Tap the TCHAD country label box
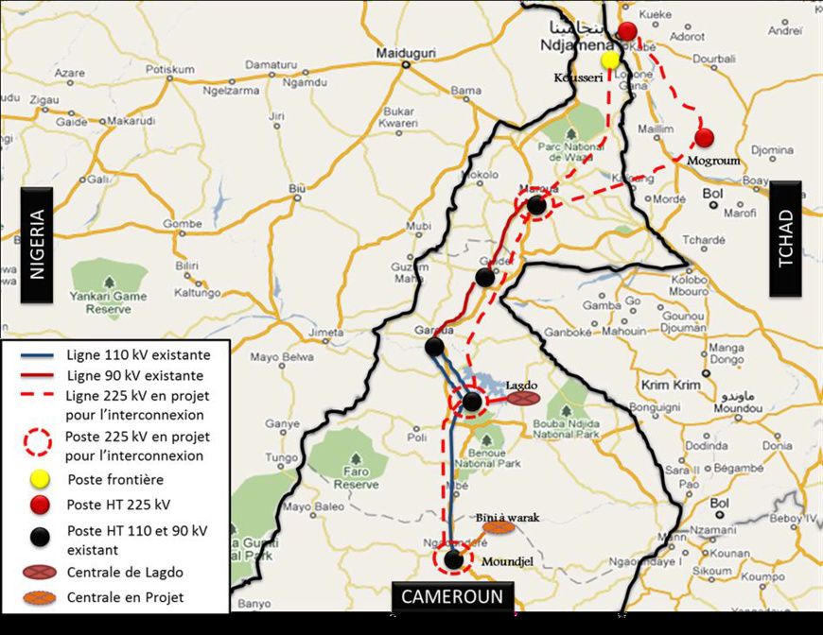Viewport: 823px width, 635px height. pos(785,239)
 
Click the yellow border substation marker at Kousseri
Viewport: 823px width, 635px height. pos(610,60)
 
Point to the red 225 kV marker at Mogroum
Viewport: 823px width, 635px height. pos(704,138)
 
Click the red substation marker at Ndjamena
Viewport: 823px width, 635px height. pos(627,31)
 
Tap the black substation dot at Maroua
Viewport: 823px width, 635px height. pos(536,205)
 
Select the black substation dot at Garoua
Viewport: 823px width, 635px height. pos(434,347)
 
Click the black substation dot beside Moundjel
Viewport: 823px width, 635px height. pos(454,559)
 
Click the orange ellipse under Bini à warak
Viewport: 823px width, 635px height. pos(498,528)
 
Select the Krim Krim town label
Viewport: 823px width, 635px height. pos(669,386)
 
